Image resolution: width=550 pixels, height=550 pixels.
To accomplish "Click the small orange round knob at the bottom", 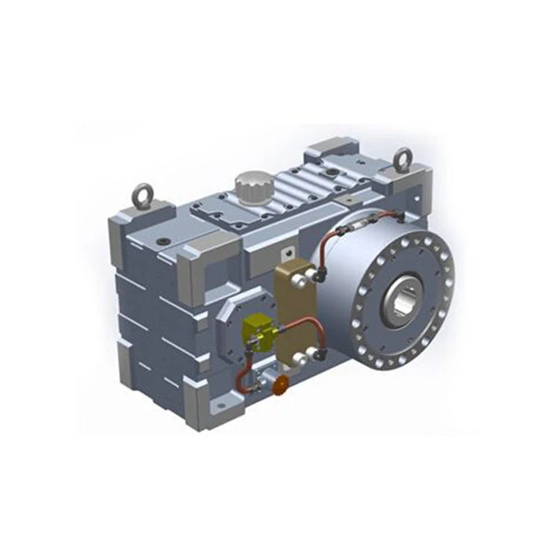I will (280, 385).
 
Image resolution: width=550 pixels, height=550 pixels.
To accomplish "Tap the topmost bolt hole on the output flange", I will (411, 237).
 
